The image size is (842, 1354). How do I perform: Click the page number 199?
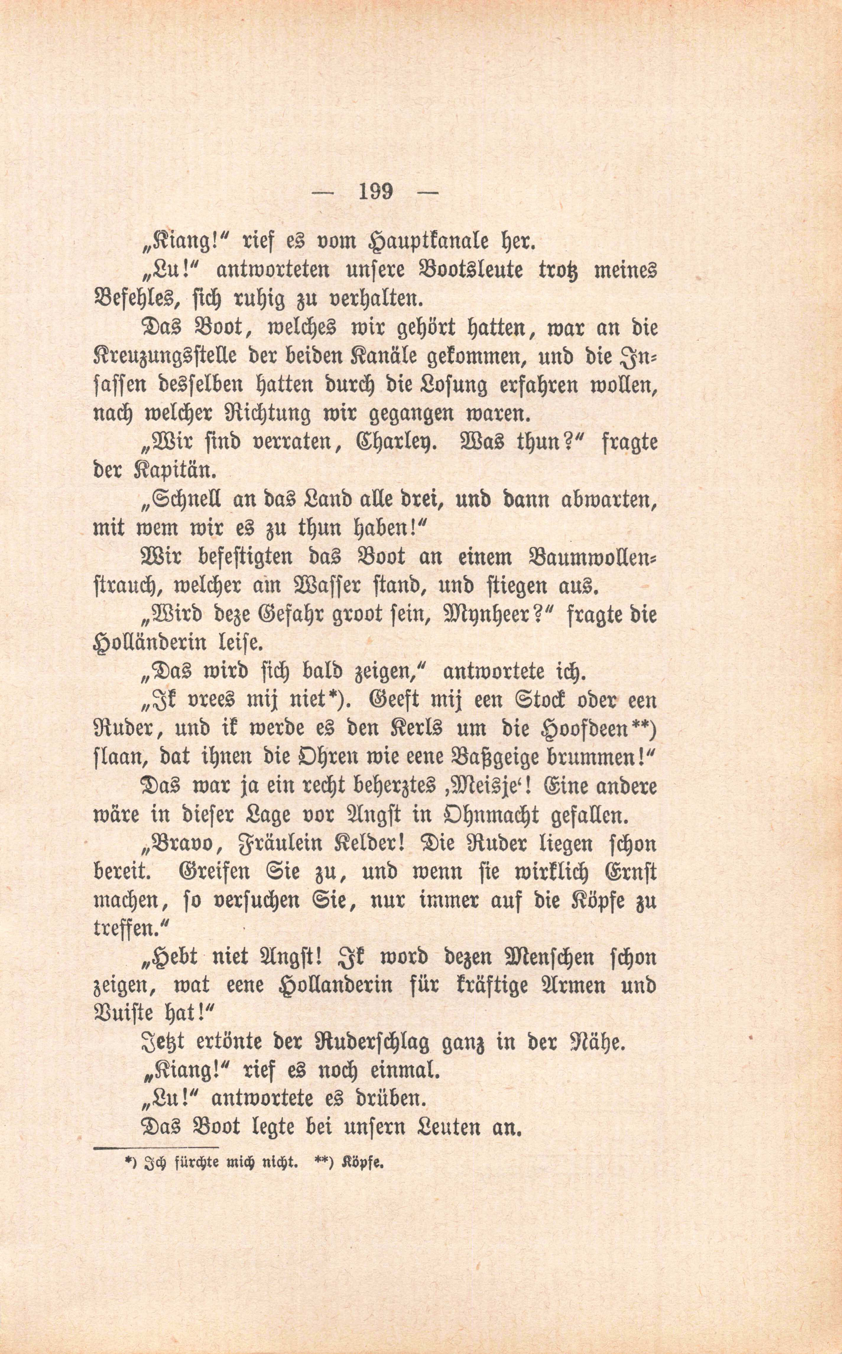click(x=377, y=192)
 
